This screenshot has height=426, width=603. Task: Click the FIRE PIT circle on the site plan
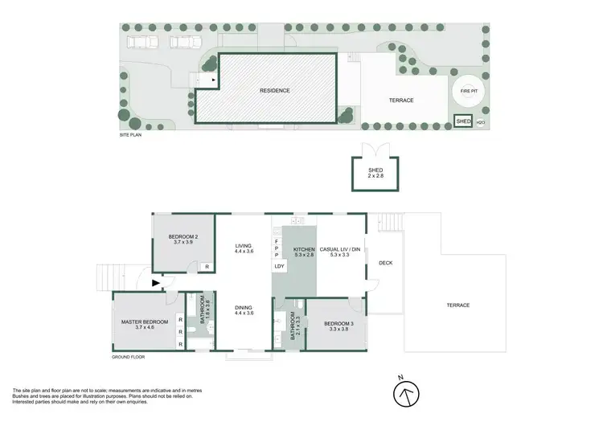click(468, 92)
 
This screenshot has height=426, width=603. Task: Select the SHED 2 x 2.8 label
click(375, 173)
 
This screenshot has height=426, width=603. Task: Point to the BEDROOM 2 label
click(183, 239)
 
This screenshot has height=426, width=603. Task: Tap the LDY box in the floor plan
click(280, 266)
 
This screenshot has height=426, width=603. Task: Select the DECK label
click(385, 262)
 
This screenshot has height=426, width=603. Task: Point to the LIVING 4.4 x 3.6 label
click(244, 249)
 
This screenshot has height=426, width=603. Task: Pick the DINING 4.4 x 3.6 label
click(244, 310)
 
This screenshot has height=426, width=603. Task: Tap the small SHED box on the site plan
click(463, 121)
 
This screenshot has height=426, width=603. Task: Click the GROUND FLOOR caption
click(127, 356)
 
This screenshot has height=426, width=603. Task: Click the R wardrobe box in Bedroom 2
click(207, 266)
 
